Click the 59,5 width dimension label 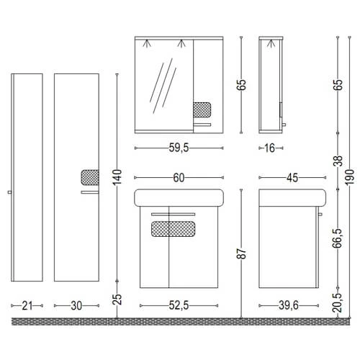coord(179,148)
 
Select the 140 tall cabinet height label coord(117,177)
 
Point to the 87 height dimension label coord(243,253)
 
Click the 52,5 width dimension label coord(179,305)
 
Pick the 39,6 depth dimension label coord(289,305)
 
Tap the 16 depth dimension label coord(270,148)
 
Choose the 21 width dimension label coord(27,306)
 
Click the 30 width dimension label coord(76,306)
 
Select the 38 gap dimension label coord(338,161)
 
